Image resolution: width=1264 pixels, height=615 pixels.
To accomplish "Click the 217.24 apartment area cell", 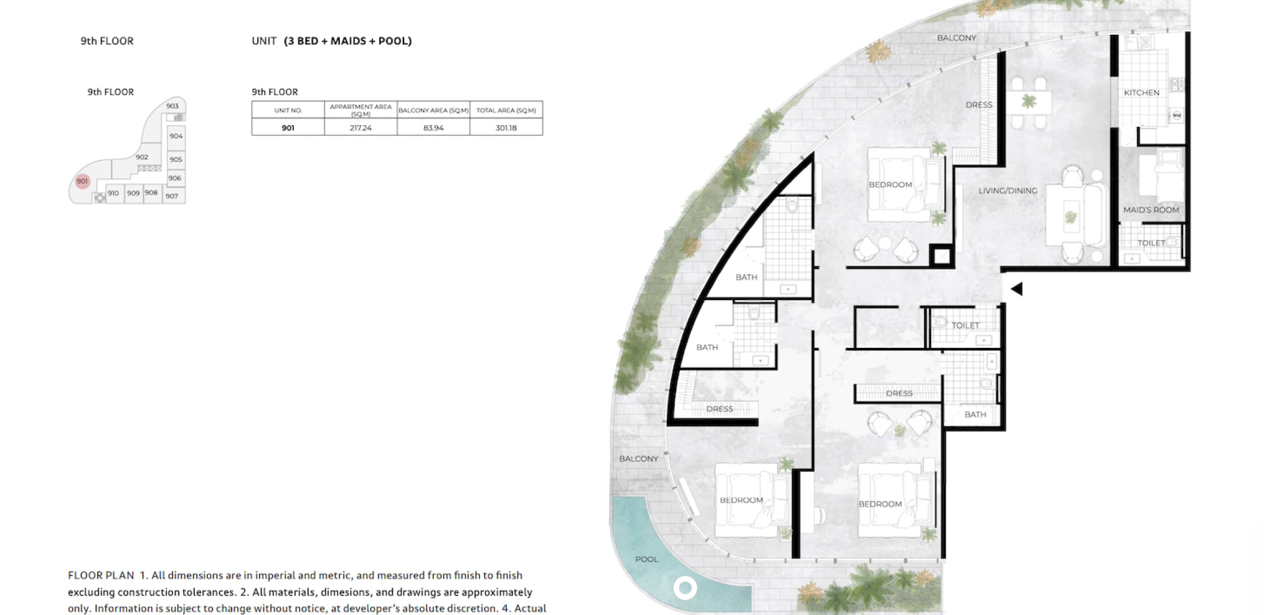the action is click(x=360, y=128).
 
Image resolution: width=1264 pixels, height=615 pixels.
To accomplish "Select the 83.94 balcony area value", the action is click(x=433, y=128).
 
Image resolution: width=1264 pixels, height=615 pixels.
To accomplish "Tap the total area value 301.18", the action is click(x=506, y=128).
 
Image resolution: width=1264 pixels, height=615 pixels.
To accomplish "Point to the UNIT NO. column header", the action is click(x=288, y=110).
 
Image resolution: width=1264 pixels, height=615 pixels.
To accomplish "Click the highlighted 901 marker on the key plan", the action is click(x=83, y=181).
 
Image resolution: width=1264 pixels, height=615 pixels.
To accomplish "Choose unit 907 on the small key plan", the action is click(x=172, y=196).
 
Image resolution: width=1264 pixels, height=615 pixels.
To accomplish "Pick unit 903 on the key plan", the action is click(x=173, y=106).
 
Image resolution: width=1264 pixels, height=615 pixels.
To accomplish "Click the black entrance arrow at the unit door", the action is click(x=1017, y=289).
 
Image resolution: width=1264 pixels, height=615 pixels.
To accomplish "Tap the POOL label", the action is click(x=647, y=559).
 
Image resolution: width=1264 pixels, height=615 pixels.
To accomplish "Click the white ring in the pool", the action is click(x=685, y=588).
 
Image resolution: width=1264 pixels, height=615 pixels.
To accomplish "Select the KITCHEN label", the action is click(x=1142, y=92).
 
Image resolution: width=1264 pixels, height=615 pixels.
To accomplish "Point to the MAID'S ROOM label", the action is click(x=1151, y=210).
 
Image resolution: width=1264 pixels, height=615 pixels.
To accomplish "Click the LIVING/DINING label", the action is click(x=1008, y=191).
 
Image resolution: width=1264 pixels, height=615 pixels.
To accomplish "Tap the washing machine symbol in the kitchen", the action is click(x=1177, y=116).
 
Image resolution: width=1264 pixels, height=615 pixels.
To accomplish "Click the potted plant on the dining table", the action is click(x=1028, y=102).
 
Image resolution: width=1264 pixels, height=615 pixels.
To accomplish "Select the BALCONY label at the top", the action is click(x=957, y=38).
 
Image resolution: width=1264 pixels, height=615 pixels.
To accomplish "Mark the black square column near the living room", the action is click(x=942, y=256).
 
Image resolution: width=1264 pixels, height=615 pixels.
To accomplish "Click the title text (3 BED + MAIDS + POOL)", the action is click(x=348, y=41).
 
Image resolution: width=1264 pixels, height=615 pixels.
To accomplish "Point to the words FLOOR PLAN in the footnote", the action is click(x=101, y=575).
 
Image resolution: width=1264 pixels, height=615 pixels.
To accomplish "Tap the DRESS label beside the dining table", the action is click(x=979, y=105).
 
